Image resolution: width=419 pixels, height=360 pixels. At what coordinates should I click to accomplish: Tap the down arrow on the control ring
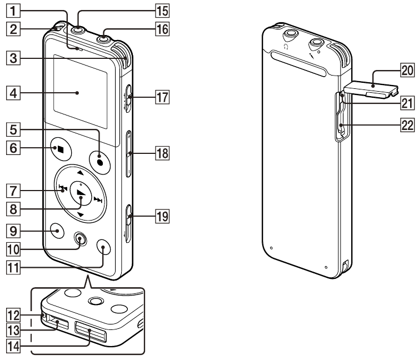point(81,214)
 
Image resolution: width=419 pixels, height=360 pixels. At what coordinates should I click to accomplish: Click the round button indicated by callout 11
point(103,246)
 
